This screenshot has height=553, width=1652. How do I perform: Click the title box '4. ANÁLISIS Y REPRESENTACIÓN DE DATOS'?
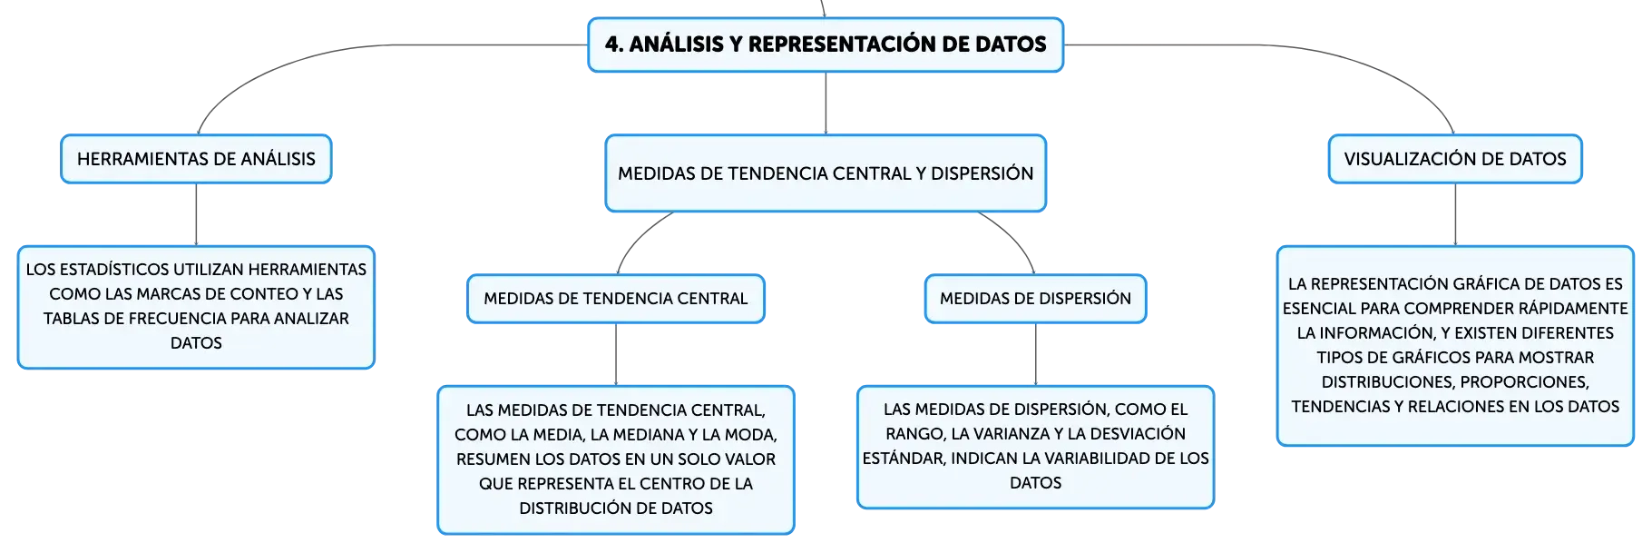point(826,44)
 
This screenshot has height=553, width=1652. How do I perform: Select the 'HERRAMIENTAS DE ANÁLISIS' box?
point(196,159)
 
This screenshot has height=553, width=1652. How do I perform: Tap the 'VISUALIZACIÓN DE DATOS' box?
point(1455,159)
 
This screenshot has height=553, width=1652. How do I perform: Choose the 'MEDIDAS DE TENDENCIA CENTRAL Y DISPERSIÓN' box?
point(826,173)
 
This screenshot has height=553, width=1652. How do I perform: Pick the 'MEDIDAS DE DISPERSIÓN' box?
point(1035,299)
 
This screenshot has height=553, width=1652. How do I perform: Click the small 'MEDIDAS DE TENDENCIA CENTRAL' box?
point(616,299)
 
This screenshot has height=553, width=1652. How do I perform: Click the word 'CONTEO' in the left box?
point(269,294)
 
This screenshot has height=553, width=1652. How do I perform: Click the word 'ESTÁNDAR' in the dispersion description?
point(903,459)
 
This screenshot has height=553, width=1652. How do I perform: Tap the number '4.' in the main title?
point(614,44)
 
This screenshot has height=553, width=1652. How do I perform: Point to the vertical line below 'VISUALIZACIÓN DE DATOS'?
point(1455,214)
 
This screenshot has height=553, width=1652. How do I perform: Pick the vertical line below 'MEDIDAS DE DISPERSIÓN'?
point(1035,354)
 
